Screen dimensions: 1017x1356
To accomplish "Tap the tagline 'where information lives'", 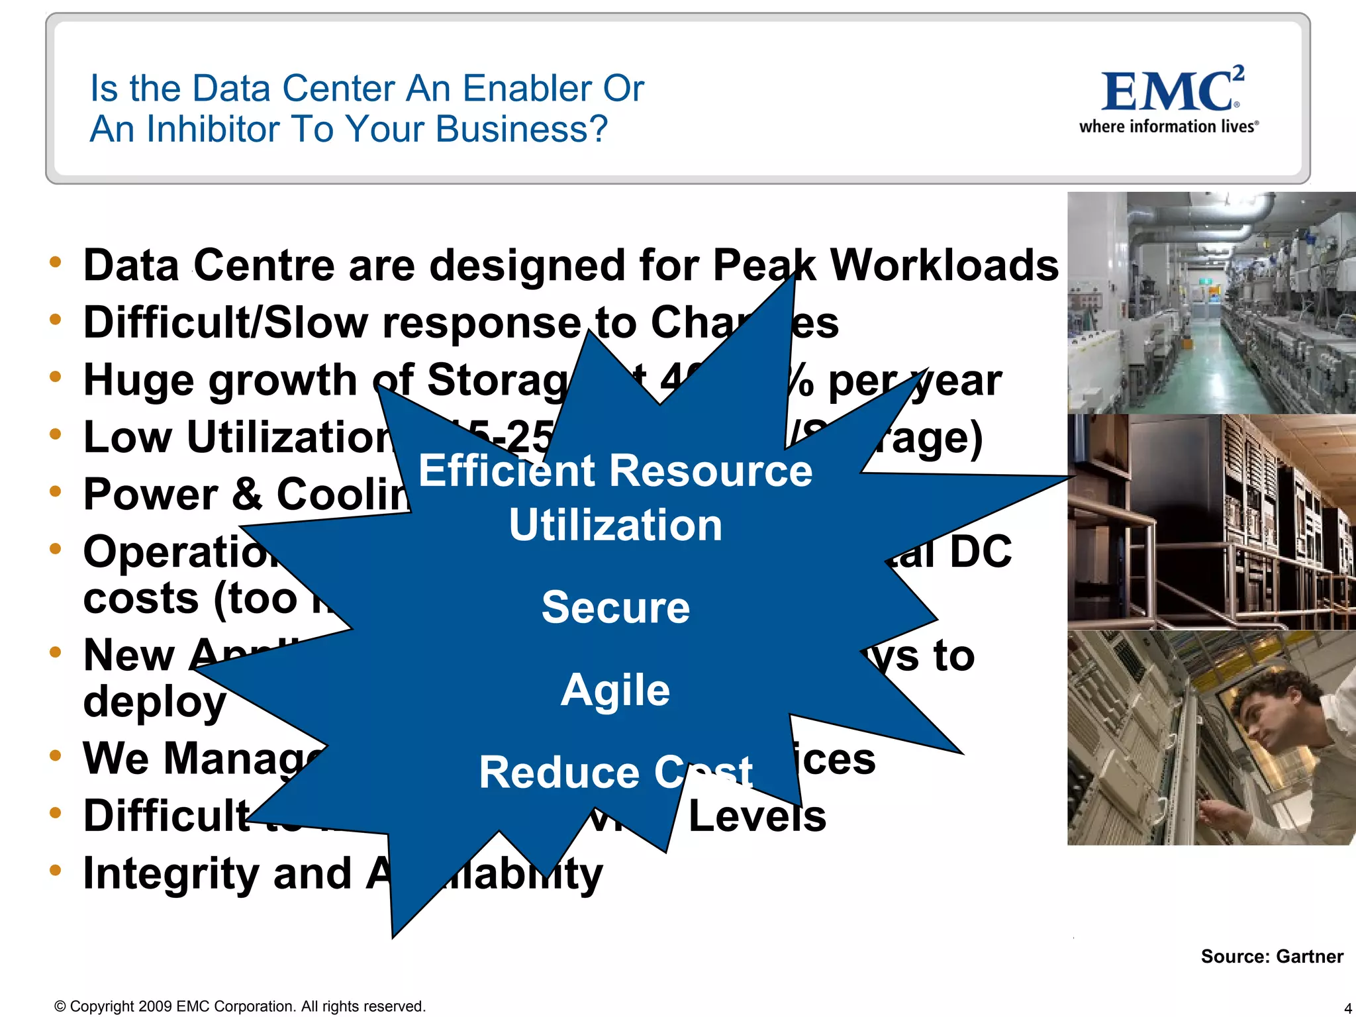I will click(x=1168, y=126).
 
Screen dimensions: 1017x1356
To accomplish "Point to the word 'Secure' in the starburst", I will click(x=616, y=607).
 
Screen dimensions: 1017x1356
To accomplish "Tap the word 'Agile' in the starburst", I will click(x=615, y=690).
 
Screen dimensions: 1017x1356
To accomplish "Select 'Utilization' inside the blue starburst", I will click(x=615, y=525).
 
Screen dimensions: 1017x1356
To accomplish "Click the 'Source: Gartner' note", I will click(x=1271, y=956).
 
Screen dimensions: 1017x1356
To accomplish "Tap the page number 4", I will click(x=1347, y=1008).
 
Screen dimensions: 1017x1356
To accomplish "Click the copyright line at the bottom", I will click(x=240, y=1006).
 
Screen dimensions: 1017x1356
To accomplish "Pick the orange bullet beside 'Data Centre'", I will click(x=56, y=262).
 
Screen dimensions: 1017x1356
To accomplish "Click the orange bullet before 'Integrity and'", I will click(x=56, y=869).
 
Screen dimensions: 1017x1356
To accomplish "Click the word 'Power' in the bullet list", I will click(x=150, y=495).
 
